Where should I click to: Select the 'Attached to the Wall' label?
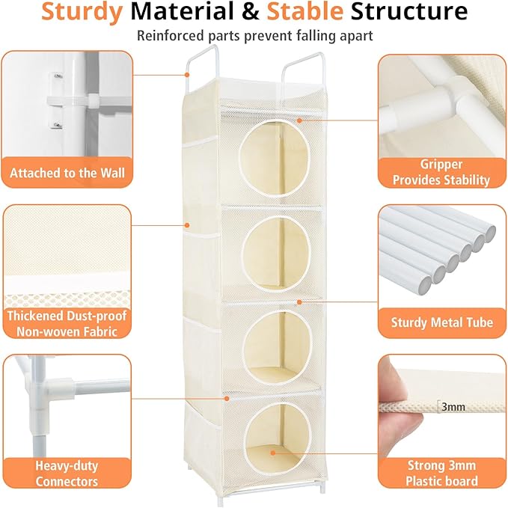tap(67, 173)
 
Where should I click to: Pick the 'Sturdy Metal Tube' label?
tap(441, 322)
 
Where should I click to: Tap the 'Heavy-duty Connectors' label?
tap(67, 473)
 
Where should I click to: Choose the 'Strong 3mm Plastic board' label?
tap(441, 473)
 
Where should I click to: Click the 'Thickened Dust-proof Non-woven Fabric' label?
tap(67, 323)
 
